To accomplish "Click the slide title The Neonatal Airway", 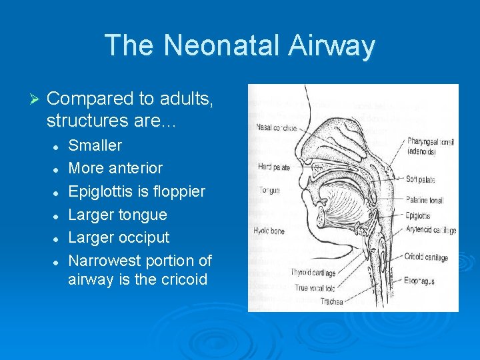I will point(240,45).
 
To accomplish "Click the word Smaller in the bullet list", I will point(95,145).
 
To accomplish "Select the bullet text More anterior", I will point(115,168).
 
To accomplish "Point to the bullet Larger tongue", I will point(117,215).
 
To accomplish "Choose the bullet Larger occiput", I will point(119,237).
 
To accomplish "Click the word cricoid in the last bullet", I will point(183,279).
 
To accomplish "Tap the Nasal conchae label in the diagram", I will point(275,127).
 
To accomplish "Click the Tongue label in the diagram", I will point(269,191).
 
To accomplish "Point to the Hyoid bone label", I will point(270,231).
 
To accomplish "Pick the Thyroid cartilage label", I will point(313,273).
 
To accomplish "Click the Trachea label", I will point(331,301).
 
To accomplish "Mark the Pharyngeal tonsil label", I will point(431,141).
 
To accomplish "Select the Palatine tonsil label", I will point(427,200).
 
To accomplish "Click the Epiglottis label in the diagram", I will point(417,216).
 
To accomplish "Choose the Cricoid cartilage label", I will point(426,257).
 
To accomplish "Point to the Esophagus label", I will point(419,281).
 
